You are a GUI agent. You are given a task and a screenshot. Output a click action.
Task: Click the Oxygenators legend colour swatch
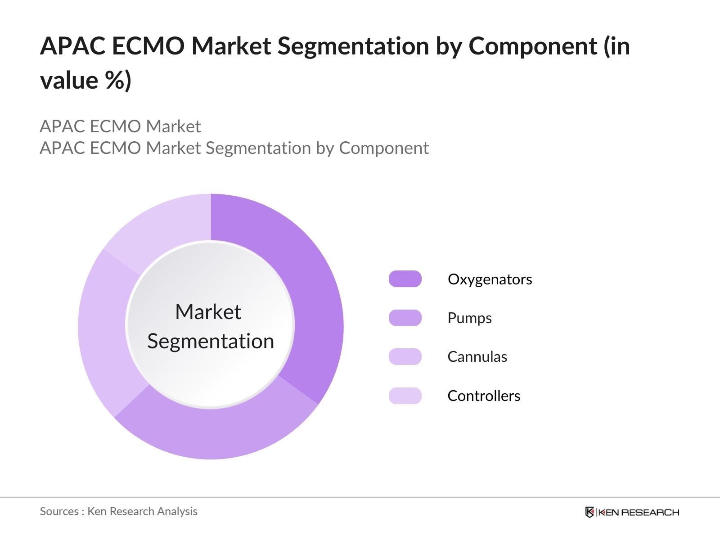click(405, 279)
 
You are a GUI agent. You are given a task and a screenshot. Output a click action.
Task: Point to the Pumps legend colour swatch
click(405, 318)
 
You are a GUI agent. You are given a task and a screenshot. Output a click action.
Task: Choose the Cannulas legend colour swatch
click(405, 357)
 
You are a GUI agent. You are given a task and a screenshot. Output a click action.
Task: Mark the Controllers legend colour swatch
click(405, 396)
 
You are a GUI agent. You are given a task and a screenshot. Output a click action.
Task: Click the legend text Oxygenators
click(490, 280)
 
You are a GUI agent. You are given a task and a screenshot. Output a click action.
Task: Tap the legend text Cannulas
click(477, 357)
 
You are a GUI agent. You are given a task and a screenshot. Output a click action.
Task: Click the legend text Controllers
click(484, 396)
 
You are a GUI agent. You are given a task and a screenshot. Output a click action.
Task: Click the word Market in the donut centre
click(208, 311)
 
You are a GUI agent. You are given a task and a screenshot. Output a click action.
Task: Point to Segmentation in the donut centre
click(211, 342)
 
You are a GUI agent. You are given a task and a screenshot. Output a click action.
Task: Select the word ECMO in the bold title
click(148, 45)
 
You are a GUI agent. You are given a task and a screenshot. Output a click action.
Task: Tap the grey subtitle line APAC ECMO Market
click(120, 126)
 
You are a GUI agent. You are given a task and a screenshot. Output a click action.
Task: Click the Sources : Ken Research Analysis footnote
click(118, 512)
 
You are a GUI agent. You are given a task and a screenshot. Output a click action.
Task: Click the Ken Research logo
click(632, 512)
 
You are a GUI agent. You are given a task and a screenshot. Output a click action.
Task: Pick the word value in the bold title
click(69, 81)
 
